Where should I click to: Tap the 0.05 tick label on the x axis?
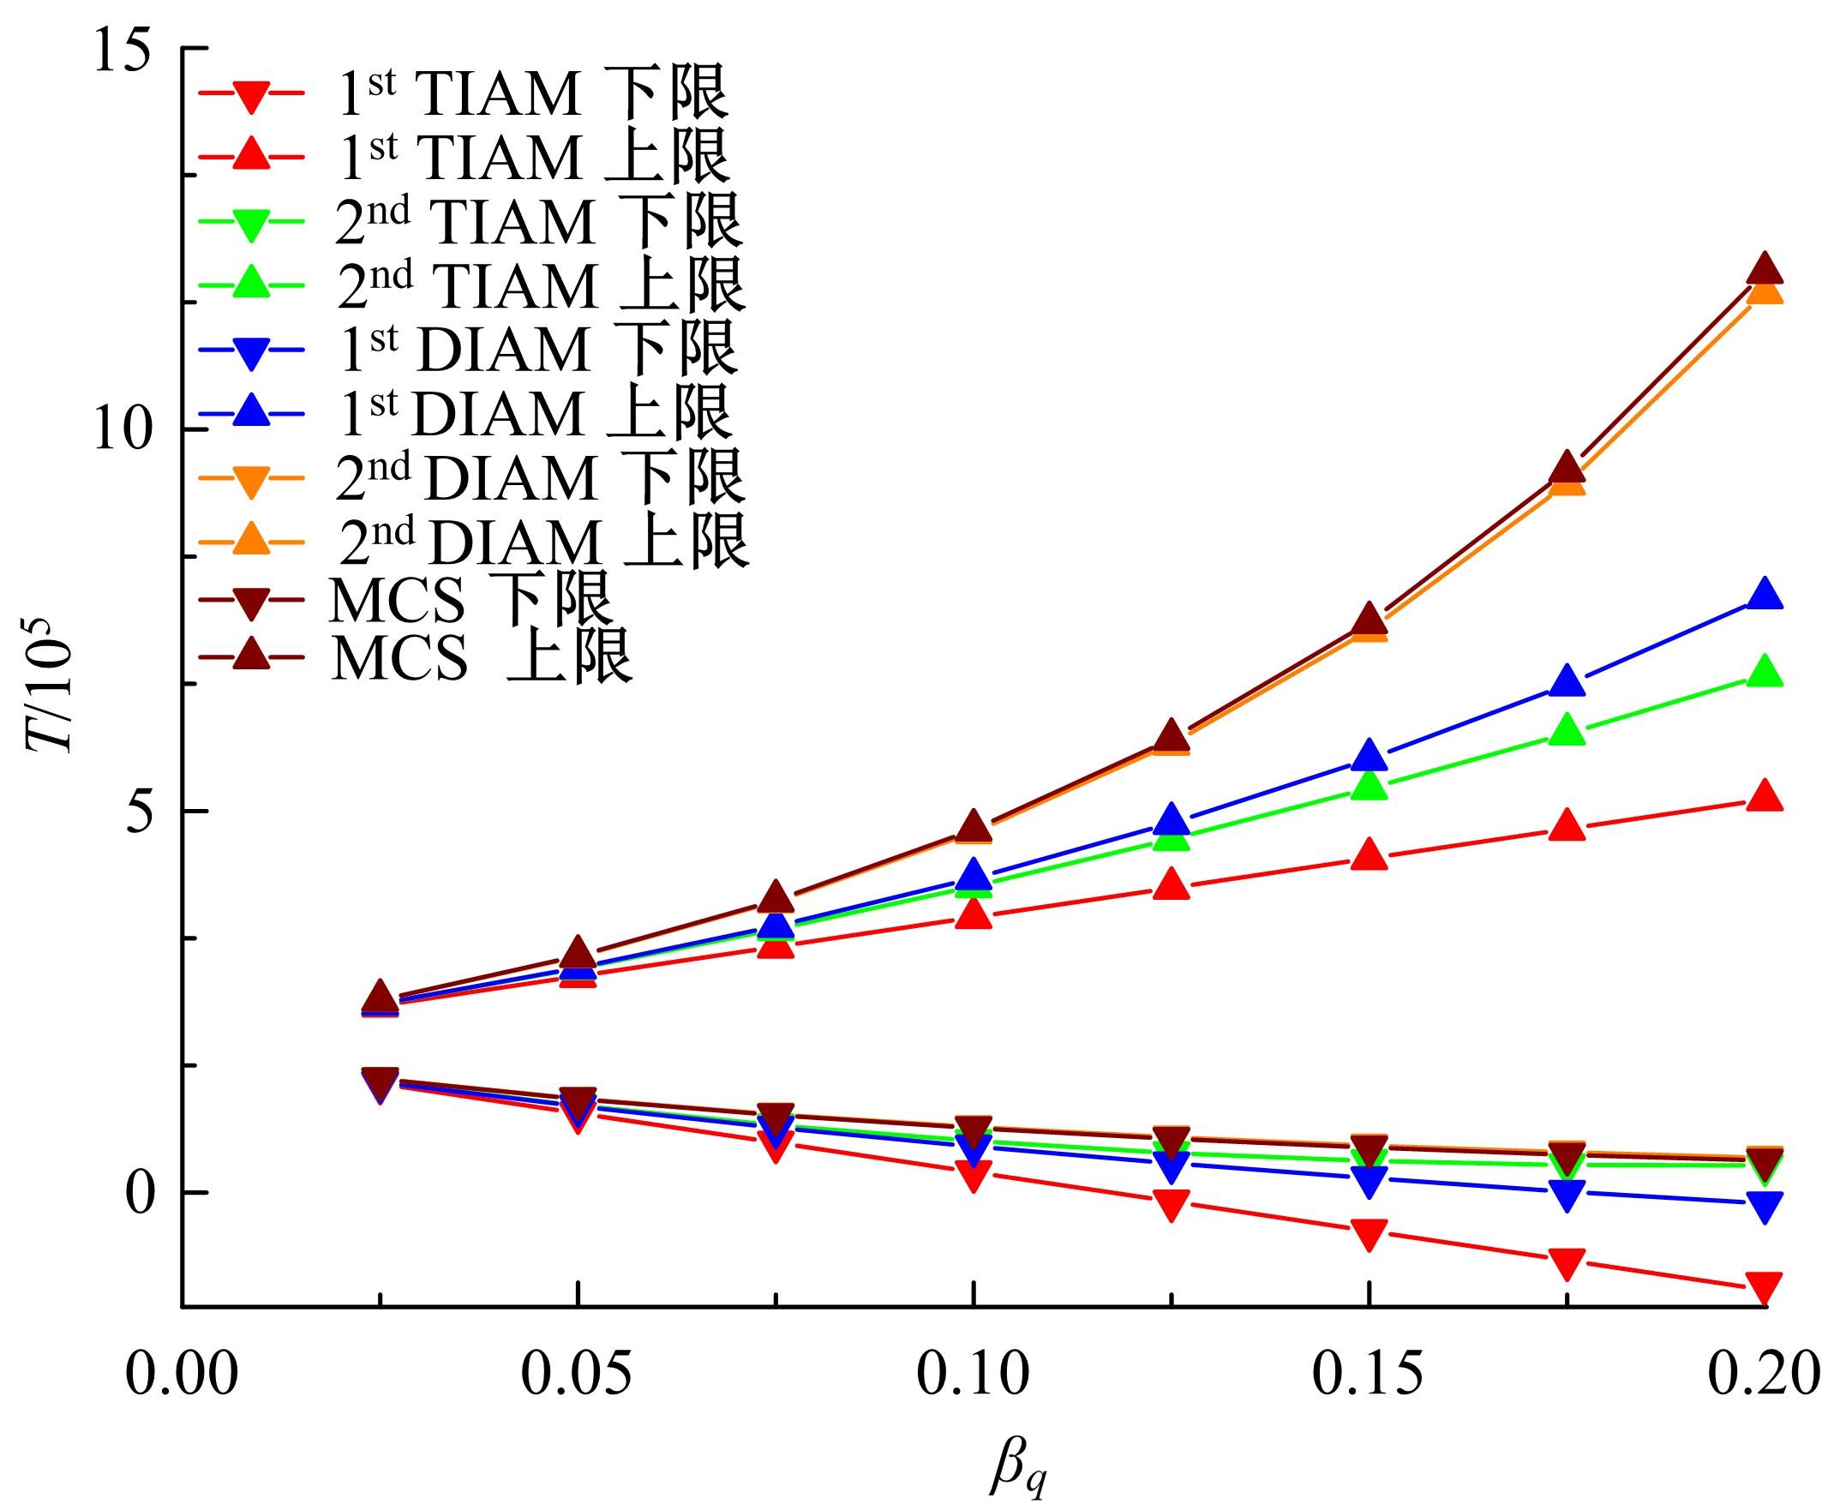(576, 1375)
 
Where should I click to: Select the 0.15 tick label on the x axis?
(1368, 1375)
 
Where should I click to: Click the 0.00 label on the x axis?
(182, 1375)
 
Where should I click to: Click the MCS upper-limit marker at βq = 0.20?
(1764, 269)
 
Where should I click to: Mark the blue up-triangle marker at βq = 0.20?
(1764, 596)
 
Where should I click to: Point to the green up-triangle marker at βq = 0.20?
(1764, 672)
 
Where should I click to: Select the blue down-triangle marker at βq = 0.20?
(1764, 1206)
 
